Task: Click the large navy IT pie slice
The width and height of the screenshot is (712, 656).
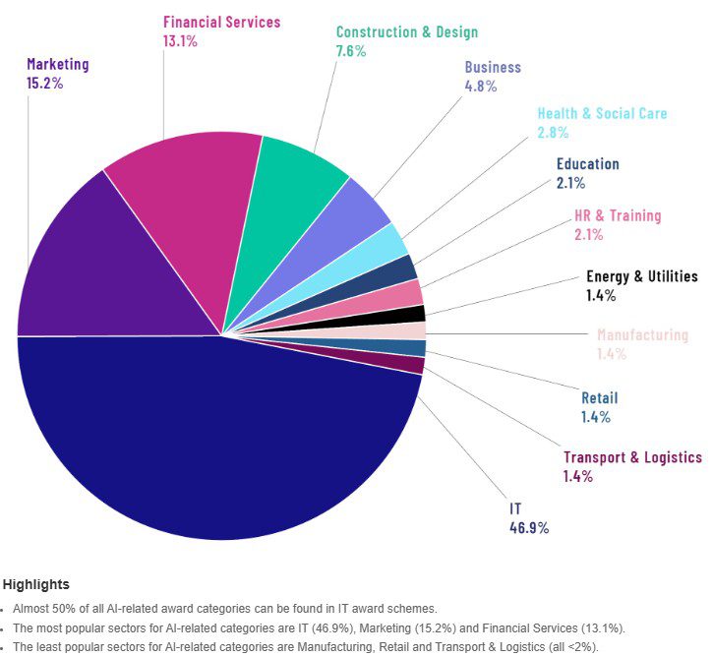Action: click(216, 443)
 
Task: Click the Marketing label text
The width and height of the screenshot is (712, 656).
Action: click(57, 65)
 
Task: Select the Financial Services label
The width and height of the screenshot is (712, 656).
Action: click(221, 22)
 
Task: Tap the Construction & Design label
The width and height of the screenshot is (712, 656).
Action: click(406, 32)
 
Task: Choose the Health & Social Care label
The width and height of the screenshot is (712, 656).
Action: click(602, 113)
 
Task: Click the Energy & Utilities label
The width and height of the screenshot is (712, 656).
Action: click(641, 276)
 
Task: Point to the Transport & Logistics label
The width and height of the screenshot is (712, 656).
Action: click(632, 457)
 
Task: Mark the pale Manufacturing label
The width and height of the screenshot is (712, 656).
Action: click(642, 335)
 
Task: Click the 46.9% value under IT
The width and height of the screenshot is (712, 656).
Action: click(529, 527)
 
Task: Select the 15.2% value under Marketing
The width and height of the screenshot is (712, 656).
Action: click(45, 84)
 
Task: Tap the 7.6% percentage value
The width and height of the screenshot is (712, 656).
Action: click(350, 51)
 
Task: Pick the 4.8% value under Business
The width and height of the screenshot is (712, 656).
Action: click(481, 86)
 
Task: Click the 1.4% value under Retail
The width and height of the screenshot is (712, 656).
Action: click(595, 417)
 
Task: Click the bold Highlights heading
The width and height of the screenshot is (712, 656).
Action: click(35, 585)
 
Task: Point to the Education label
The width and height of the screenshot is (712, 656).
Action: click(587, 164)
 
